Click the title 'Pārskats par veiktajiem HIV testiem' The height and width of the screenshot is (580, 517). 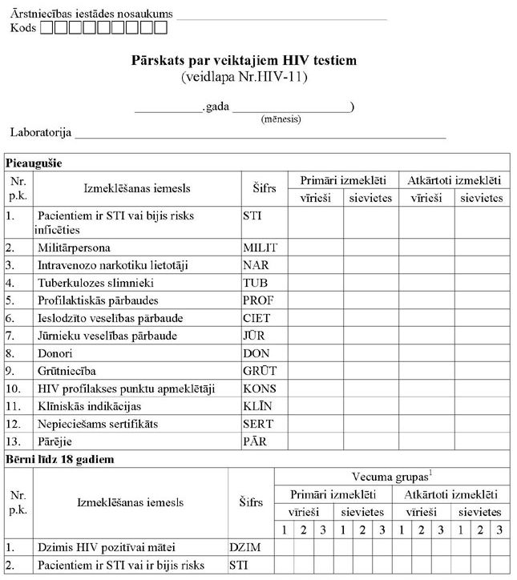coord(244,60)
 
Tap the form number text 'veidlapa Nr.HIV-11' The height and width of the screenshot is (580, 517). coord(244,77)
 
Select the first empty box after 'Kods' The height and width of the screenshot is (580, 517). coord(46,28)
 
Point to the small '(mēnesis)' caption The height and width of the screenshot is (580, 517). coord(281,119)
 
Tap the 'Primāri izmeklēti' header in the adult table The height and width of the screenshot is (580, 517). coord(343,180)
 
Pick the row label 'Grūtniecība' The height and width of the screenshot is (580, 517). coord(70,371)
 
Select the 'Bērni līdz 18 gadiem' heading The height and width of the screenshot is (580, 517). coord(59,459)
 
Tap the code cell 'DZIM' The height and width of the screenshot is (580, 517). coord(246,547)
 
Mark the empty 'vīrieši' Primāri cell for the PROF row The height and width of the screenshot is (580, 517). coord(316,300)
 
